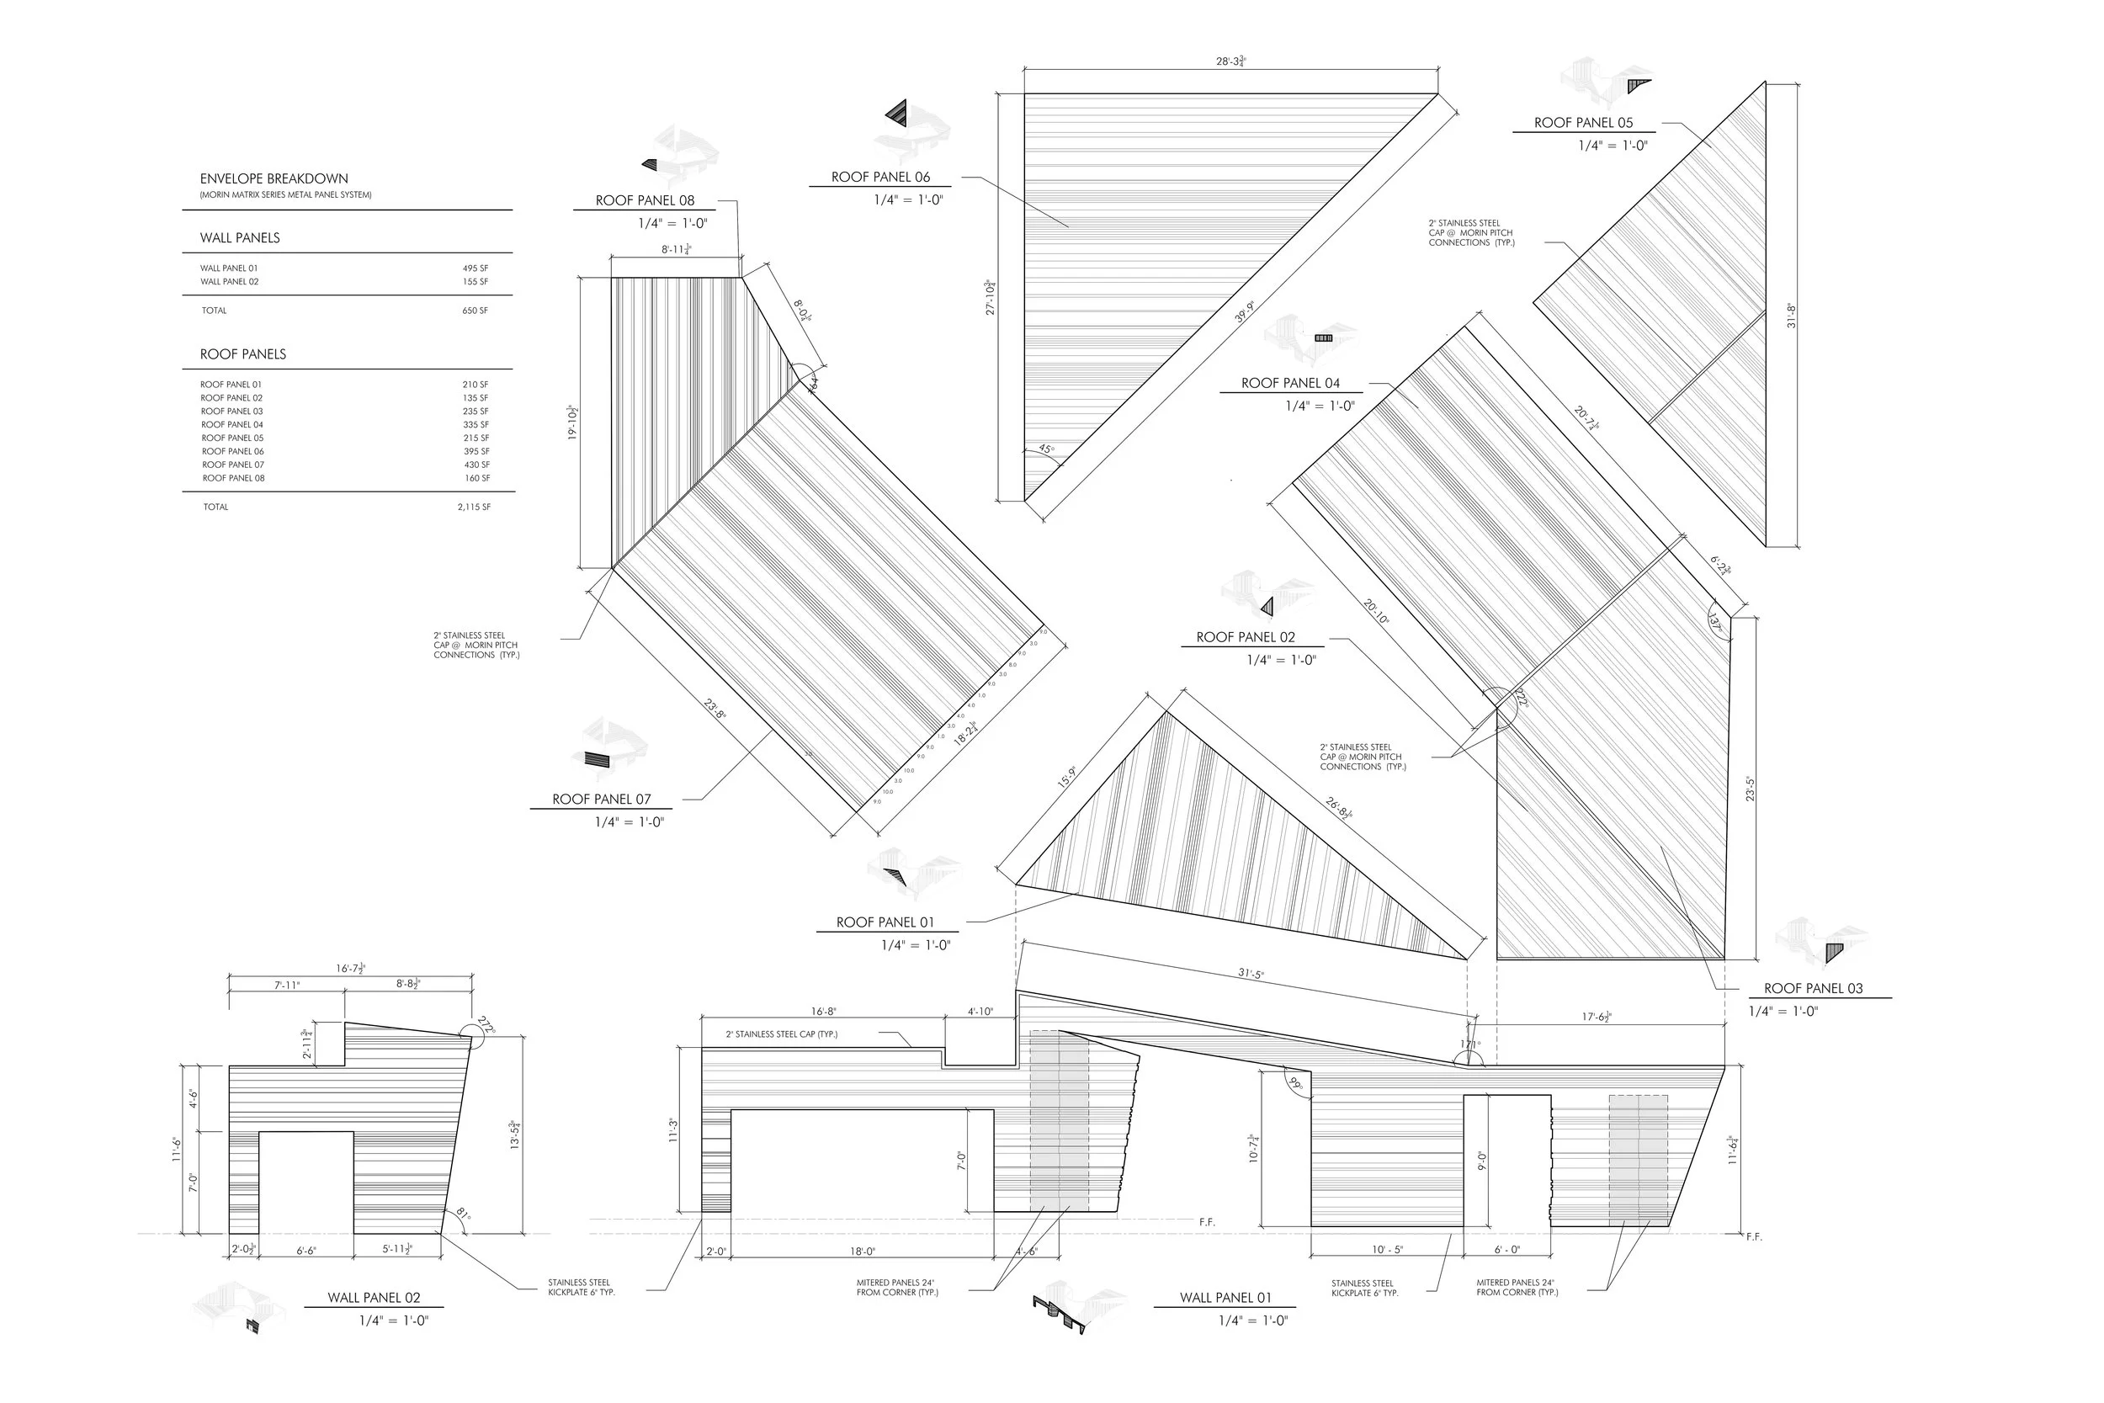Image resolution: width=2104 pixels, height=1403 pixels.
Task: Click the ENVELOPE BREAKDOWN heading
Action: tap(274, 179)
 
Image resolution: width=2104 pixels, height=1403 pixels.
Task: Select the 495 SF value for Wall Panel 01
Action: tap(475, 268)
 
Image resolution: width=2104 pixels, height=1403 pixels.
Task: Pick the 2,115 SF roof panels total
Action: tap(473, 508)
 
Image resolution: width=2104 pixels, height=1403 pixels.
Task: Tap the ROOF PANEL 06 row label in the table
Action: tap(232, 452)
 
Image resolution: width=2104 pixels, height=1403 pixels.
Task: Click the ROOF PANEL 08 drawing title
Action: tap(645, 200)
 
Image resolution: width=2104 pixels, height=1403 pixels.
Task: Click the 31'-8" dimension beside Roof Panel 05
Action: tap(1791, 316)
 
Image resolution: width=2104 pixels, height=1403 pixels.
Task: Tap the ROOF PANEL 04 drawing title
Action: tap(1290, 383)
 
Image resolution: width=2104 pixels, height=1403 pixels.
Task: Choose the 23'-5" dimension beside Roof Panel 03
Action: tap(1750, 789)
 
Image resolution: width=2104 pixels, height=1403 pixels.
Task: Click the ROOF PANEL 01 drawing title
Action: tap(885, 922)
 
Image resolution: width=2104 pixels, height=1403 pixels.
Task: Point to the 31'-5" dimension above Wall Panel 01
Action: tap(1251, 974)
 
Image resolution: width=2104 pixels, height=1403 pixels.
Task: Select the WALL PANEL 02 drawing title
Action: tap(373, 1298)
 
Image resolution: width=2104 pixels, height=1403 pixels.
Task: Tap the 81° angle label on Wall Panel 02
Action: tap(463, 1214)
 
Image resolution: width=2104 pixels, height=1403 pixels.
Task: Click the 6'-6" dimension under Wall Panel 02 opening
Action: tap(306, 1251)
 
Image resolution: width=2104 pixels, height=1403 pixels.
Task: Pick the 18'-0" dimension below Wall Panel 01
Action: tap(863, 1252)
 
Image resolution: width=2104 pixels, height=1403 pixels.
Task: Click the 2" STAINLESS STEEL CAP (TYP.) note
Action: tap(781, 1034)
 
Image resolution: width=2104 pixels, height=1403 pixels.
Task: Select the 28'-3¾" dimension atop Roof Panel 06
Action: tap(1231, 61)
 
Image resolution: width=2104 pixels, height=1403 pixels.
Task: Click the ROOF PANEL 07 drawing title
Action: tap(601, 799)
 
